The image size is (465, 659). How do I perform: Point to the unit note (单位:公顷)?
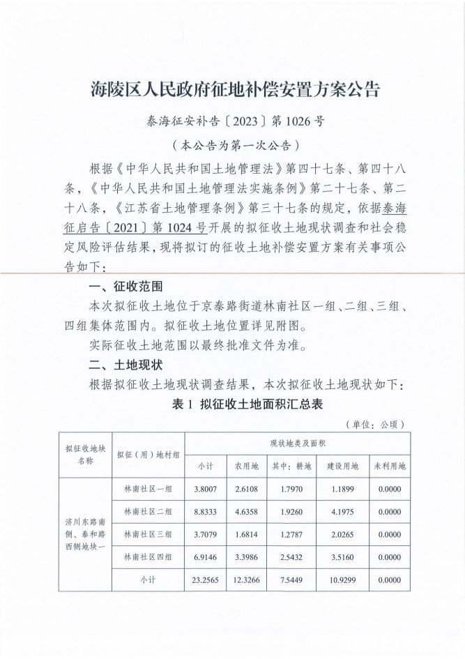click(x=375, y=424)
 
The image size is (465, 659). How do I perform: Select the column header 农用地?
click(x=246, y=466)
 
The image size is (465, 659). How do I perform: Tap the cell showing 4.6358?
click(x=246, y=512)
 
